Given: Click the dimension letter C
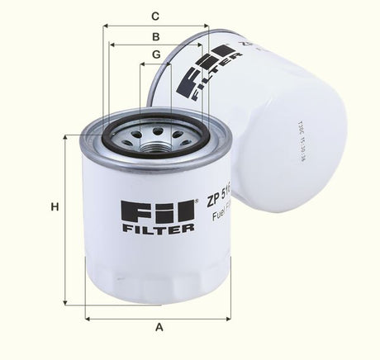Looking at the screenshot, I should click(x=154, y=16).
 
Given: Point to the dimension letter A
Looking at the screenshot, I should click(x=159, y=327).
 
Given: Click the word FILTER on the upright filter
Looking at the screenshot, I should click(x=158, y=227).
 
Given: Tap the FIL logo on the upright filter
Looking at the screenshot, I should click(x=156, y=211).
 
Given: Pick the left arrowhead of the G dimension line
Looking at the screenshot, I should click(x=143, y=64).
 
